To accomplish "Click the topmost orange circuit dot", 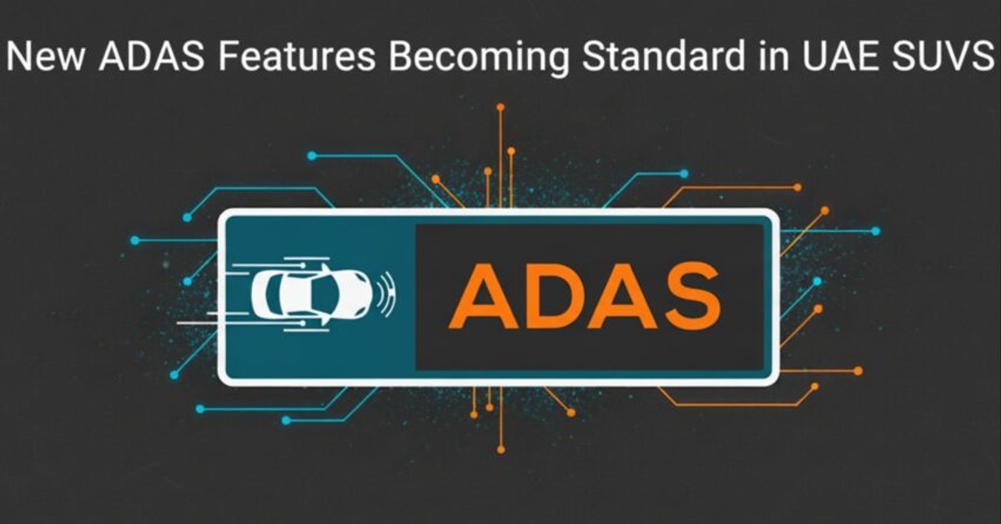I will click(500, 107).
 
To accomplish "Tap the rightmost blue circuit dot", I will click(875, 231).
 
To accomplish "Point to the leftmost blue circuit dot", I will click(134, 240).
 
